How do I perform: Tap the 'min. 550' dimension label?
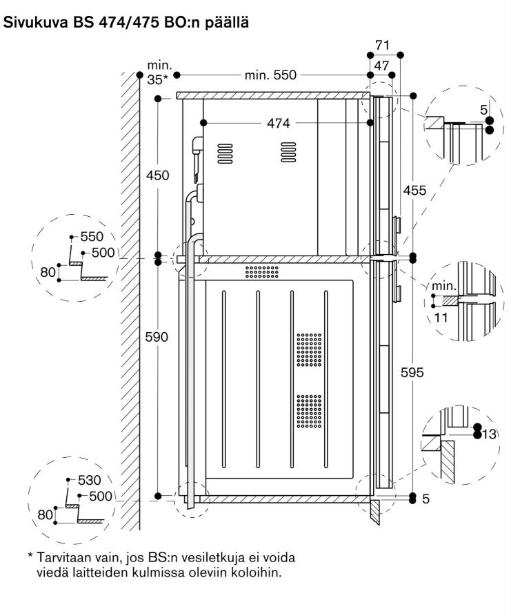271,75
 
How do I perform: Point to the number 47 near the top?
381,65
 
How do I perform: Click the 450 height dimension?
158,175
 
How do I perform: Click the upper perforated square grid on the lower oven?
309,350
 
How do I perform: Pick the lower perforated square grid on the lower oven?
309,411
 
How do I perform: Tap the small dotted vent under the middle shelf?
261,271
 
